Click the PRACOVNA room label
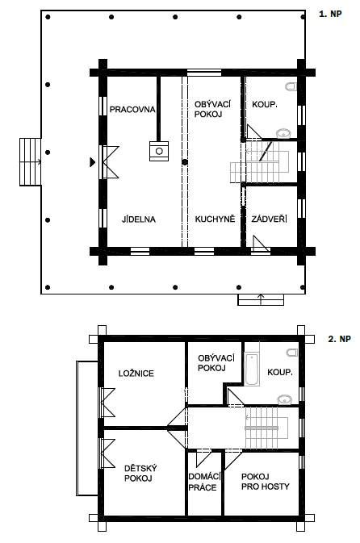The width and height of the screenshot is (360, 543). [132, 110]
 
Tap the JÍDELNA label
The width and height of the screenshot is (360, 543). [139, 219]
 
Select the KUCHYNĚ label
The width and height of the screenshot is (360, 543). [215, 219]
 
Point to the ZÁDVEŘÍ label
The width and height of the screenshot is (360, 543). [270, 219]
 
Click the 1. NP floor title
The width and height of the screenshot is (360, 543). [330, 14]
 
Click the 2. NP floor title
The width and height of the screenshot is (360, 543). [339, 339]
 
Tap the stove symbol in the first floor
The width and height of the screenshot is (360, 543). [159, 151]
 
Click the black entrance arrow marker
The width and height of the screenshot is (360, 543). [92, 161]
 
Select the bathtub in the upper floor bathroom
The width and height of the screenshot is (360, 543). [252, 370]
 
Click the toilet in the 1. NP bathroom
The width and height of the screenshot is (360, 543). [291, 86]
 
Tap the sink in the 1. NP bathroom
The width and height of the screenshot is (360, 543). [283, 133]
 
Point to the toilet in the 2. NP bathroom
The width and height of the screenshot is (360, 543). [292, 353]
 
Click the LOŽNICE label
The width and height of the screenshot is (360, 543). [136, 374]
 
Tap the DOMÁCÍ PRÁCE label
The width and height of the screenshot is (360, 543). [203, 482]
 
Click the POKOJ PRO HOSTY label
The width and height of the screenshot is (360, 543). [266, 482]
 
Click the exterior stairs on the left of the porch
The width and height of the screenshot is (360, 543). [30, 161]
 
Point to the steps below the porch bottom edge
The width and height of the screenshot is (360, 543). [261, 299]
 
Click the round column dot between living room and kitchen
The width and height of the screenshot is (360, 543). [185, 161]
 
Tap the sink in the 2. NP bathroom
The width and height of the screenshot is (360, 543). [285, 399]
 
